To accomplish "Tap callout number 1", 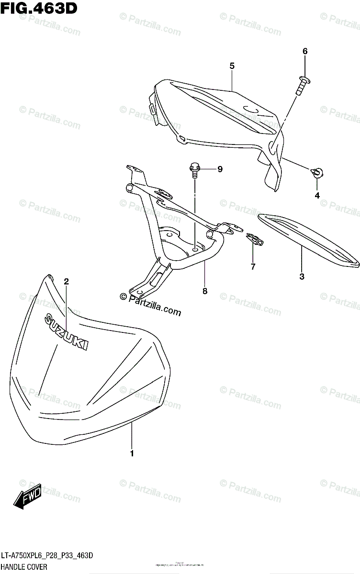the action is pyautogui.click(x=132, y=453).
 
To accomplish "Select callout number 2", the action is pyautogui.click(x=67, y=282).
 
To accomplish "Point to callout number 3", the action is pyautogui.click(x=302, y=276).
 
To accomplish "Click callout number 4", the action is pyautogui.click(x=316, y=195).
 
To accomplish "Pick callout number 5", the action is pyautogui.click(x=232, y=66).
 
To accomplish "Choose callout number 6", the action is pyautogui.click(x=304, y=51).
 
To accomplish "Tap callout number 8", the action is pyautogui.click(x=205, y=290).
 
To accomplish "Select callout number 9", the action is pyautogui.click(x=220, y=169).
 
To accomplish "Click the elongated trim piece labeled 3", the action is pyautogui.click(x=306, y=238).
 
